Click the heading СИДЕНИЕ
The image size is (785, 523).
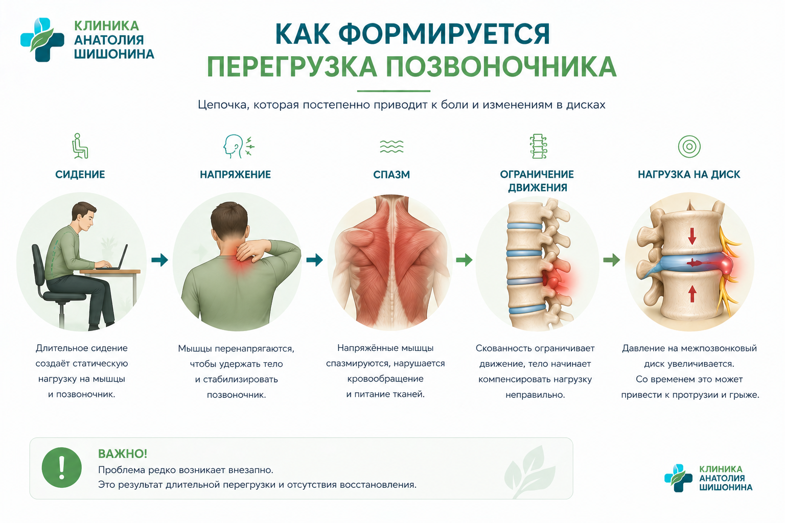point(80,175)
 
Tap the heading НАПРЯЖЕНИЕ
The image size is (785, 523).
point(235,175)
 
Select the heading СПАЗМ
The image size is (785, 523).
point(391,175)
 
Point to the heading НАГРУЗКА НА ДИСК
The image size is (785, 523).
point(689,175)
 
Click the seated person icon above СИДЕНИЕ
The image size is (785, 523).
point(80,146)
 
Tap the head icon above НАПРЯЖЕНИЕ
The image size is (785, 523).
point(239,146)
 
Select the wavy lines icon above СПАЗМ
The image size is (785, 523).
point(391,147)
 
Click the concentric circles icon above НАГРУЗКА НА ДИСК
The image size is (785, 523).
point(689,147)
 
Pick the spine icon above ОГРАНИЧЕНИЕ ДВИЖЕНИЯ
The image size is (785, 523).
point(538,146)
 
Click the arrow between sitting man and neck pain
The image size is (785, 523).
point(160,260)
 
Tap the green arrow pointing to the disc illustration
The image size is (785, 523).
point(612,260)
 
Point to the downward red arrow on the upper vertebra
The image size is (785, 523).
point(692,236)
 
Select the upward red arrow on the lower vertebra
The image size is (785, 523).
point(692,294)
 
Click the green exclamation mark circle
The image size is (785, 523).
point(62,468)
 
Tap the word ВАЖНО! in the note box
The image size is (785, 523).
point(123,454)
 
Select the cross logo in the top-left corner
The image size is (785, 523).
point(42,40)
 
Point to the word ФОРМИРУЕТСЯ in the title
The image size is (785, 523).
point(444,34)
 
